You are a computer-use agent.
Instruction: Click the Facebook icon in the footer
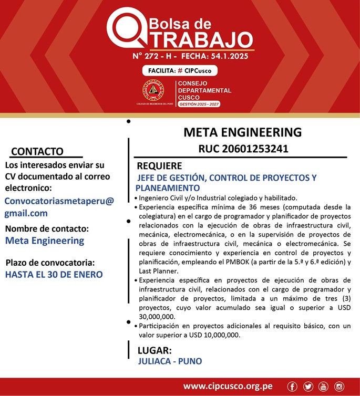click(x=292, y=387)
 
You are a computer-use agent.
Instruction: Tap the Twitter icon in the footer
click(x=308, y=387)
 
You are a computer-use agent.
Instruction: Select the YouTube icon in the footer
click(x=323, y=387)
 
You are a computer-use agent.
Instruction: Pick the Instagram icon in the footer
click(x=339, y=387)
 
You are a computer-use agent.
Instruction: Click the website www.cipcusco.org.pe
click(x=228, y=387)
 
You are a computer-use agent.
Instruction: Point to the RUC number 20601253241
click(x=243, y=149)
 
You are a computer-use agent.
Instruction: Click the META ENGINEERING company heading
click(x=242, y=132)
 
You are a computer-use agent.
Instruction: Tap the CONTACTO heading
click(x=37, y=152)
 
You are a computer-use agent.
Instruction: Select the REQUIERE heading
click(x=159, y=166)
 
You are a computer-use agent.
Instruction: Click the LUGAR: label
click(x=155, y=350)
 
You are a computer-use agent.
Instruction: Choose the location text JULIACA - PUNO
click(x=170, y=361)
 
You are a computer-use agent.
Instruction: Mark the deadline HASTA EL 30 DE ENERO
click(x=54, y=274)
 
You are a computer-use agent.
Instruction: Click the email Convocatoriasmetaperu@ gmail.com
click(x=58, y=207)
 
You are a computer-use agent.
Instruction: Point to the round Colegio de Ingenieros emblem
click(x=153, y=91)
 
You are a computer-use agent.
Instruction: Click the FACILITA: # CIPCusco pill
click(x=180, y=71)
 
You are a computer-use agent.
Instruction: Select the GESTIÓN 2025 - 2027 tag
click(x=199, y=105)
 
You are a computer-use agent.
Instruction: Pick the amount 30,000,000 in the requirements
click(x=157, y=317)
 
